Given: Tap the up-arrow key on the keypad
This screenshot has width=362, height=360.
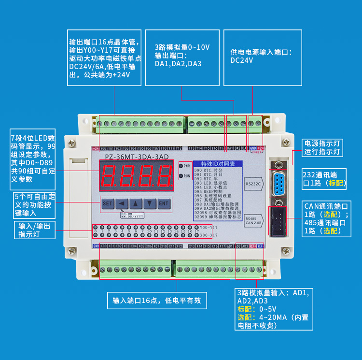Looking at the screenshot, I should pos(136,203).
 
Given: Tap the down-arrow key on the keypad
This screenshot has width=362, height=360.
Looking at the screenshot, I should pos(150,203).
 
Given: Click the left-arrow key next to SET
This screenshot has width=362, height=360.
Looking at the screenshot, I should pos(122,203).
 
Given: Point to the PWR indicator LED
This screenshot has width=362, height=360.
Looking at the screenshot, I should pos(181,166).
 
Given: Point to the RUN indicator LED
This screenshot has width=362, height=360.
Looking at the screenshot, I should pos(181,176).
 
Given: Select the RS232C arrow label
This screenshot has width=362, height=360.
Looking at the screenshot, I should pos(254,184).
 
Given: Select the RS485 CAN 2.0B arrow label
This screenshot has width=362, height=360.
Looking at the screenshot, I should pos(254,220).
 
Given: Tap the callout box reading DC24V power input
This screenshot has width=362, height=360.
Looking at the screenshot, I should pos(263,57).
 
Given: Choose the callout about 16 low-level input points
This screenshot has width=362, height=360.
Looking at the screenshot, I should pos(157,300).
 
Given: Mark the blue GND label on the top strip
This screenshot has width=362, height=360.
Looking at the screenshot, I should pos(253,148).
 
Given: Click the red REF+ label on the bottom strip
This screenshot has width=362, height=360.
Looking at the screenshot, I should pos(252,246).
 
